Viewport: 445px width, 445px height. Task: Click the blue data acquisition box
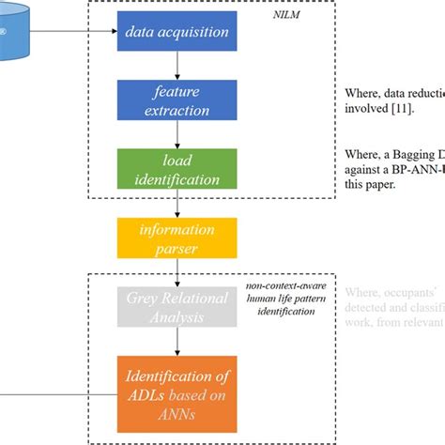(177, 31)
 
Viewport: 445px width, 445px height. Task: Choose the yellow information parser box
(177, 238)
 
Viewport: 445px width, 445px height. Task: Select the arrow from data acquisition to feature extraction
(177, 66)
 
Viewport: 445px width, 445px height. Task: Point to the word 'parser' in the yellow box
(177, 248)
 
